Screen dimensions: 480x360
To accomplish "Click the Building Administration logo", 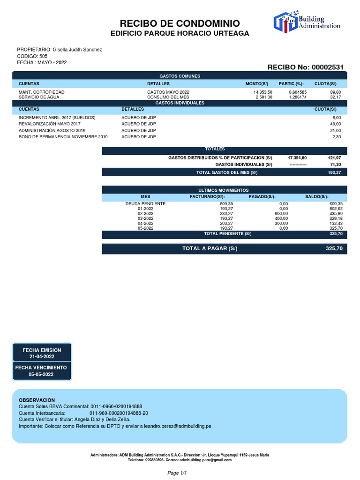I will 307,23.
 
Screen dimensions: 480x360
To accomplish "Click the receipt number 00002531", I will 327,67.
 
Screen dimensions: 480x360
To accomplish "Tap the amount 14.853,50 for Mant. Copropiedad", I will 262,92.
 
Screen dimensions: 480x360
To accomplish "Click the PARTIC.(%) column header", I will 291,83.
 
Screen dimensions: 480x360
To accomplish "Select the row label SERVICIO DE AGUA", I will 38,97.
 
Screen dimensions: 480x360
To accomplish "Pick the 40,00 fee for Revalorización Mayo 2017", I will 337,124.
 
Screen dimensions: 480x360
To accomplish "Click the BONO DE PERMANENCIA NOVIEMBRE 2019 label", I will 63,136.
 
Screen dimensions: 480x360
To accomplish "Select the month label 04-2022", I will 145,224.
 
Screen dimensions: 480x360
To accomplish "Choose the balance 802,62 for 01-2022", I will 337,209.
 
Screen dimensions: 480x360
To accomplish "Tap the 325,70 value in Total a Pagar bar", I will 335,248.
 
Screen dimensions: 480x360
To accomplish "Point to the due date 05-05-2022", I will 41,375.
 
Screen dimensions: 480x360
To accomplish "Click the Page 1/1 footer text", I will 177,473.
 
